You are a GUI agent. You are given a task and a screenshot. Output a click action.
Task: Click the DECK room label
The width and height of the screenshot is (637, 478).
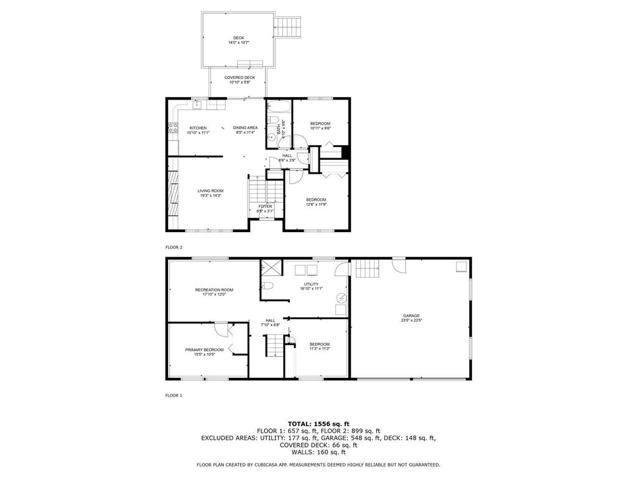point(239,38)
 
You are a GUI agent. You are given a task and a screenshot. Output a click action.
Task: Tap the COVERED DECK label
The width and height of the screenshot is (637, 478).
point(239,78)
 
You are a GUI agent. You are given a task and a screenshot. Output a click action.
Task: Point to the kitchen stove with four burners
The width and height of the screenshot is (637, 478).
point(172,129)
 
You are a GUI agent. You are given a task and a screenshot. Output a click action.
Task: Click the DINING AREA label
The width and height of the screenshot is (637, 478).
point(245,128)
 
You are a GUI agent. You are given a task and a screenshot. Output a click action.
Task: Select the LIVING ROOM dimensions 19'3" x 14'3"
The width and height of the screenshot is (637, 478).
point(210,195)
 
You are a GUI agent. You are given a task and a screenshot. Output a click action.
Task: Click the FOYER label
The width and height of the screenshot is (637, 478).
point(266,206)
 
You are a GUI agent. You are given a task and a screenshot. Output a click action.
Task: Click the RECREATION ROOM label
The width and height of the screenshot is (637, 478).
point(214,289)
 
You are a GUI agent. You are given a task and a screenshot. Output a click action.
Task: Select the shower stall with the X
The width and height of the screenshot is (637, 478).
point(270,267)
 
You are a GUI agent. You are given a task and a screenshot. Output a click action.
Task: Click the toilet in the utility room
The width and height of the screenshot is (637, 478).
point(267,286)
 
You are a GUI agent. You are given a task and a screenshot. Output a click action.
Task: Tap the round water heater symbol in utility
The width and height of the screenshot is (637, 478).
point(341,298)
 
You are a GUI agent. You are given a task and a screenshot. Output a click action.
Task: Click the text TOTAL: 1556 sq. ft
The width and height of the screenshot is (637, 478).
point(318,423)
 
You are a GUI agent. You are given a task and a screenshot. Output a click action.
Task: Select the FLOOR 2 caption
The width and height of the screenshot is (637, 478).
point(174,247)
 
